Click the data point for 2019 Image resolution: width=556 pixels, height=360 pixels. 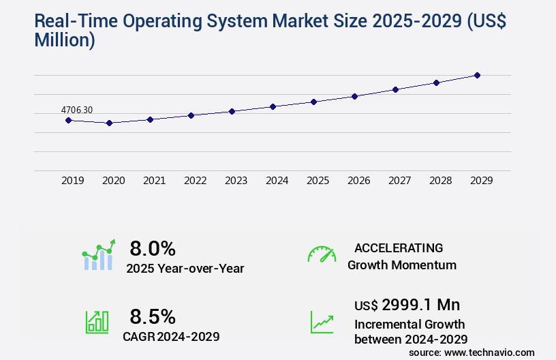pos(68,120)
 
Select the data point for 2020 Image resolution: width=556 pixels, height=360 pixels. pos(109,123)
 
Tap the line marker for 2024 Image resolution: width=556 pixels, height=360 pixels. pos(273,106)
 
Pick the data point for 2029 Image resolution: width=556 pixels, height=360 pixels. pos(477,75)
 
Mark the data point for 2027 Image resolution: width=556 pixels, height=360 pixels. pos(395,89)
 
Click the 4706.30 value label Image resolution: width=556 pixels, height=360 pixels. pos(77,109)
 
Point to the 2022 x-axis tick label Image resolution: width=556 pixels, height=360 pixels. pos(195,181)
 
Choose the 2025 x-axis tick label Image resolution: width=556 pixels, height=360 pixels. pos(318,181)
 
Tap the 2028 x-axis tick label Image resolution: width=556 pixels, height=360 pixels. pos(440,181)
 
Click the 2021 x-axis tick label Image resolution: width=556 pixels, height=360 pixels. pos(154,181)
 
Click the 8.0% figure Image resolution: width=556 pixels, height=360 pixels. pos(153,247)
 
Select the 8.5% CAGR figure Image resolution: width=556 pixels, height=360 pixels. pos(153,316)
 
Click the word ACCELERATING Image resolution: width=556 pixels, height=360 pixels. pos(399,248)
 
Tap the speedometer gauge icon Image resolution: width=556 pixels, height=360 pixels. pos(322,254)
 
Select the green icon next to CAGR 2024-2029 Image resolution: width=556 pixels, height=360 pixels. pos(97,322)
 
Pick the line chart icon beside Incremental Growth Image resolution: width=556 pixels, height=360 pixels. pos(322,322)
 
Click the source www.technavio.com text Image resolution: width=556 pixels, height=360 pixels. pos(472,352)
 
